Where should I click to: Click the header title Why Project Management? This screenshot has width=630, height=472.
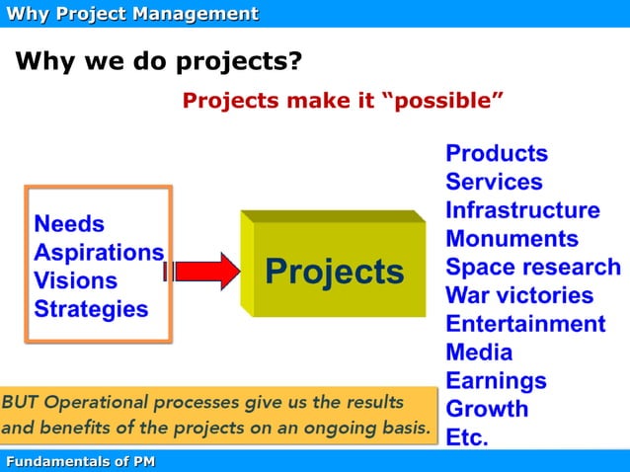pyautogui.click(x=131, y=13)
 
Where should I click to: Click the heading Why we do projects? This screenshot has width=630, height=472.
pyautogui.click(x=158, y=63)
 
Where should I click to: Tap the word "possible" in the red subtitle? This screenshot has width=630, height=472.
pyautogui.click(x=443, y=102)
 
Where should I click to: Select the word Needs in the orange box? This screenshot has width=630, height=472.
pyautogui.click(x=69, y=223)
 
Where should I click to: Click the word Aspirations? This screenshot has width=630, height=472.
pyautogui.click(x=99, y=252)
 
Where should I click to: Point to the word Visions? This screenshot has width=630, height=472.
pyautogui.click(x=76, y=280)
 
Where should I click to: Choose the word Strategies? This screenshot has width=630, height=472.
pyautogui.click(x=91, y=309)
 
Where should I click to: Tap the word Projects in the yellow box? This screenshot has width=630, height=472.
pyautogui.click(x=334, y=272)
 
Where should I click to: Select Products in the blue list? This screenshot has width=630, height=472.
pyautogui.click(x=496, y=153)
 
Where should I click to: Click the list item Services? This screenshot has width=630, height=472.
pyautogui.click(x=494, y=182)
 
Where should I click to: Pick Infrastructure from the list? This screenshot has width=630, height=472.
pyautogui.click(x=522, y=210)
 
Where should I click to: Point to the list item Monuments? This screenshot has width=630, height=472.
pyautogui.click(x=512, y=239)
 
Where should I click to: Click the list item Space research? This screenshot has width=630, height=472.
pyautogui.click(x=533, y=268)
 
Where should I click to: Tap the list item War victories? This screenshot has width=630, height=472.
pyautogui.click(x=519, y=295)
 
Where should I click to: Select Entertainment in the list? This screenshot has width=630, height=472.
pyautogui.click(x=525, y=324)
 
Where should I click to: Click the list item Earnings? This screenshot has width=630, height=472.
pyautogui.click(x=496, y=380)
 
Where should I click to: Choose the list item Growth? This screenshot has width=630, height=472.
pyautogui.click(x=487, y=409)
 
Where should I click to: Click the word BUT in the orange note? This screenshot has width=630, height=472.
pyautogui.click(x=21, y=403)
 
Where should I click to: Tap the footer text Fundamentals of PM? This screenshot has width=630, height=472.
pyautogui.click(x=80, y=462)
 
